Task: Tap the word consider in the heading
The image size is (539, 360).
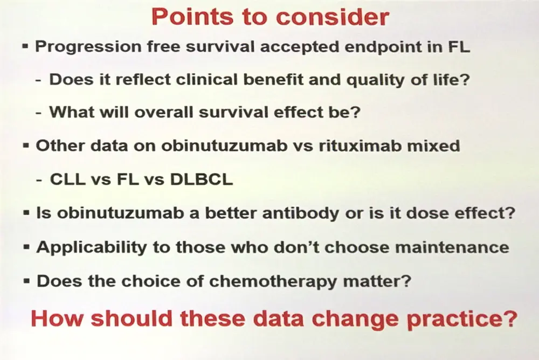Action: click(x=332, y=17)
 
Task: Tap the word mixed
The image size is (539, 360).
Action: click(x=433, y=146)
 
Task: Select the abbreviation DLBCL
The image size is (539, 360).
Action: click(x=202, y=179)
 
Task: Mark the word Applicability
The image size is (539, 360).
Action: click(x=92, y=247)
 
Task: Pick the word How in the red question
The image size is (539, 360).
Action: click(x=58, y=318)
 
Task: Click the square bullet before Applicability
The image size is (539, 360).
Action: click(x=26, y=247)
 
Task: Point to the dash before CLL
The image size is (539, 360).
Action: click(x=39, y=180)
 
